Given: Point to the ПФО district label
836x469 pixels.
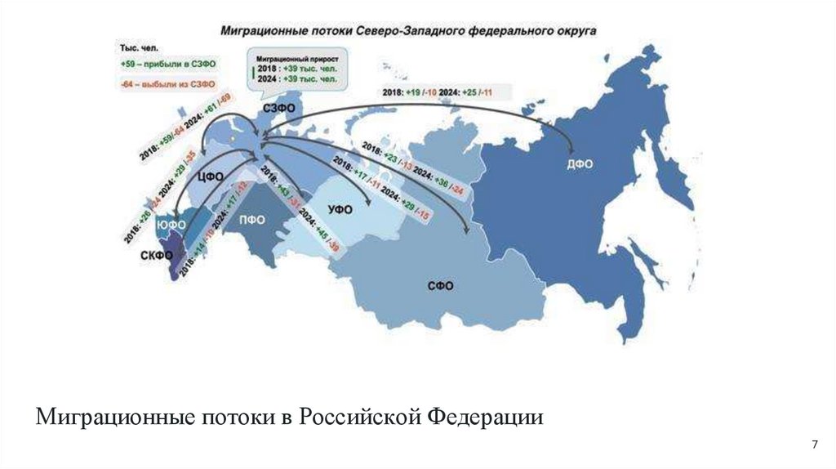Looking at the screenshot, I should (252, 218).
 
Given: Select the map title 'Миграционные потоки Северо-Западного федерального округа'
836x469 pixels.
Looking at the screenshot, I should (407, 31).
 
